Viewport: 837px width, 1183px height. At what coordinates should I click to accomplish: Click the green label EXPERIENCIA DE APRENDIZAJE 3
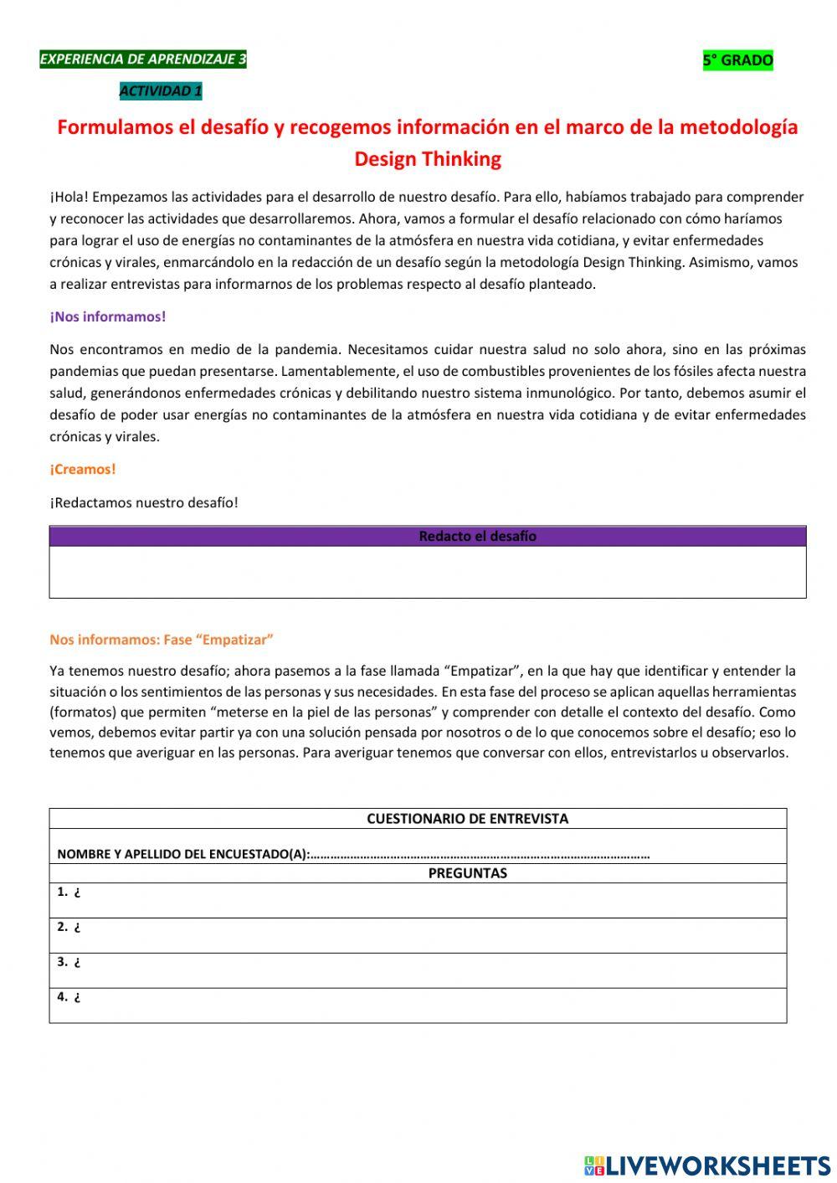coord(143,59)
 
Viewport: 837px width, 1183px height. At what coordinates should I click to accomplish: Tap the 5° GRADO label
coord(737,60)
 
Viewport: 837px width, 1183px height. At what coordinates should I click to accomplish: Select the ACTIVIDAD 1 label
coord(161,91)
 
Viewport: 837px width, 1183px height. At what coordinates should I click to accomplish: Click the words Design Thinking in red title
coord(428,159)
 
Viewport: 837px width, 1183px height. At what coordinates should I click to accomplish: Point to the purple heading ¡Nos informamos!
coord(108,316)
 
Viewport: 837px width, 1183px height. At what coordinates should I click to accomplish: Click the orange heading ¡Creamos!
coord(83,469)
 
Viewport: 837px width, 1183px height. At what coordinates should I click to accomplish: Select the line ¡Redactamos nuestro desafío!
coord(144,502)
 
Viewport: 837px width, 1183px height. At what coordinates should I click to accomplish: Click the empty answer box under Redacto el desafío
coord(428,572)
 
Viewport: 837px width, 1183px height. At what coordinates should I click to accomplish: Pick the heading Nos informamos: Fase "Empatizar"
coord(162,640)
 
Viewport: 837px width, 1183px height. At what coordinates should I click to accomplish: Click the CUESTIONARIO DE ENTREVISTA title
coord(467,819)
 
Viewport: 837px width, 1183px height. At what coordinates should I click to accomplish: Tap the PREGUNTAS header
coord(467,873)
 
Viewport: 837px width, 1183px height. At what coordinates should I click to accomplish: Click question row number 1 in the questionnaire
coord(418,901)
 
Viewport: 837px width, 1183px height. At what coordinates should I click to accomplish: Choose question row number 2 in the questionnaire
coord(418,935)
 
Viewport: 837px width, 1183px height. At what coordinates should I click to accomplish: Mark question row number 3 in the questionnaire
coord(418,970)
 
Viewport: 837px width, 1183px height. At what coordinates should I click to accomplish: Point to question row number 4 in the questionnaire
coord(418,1006)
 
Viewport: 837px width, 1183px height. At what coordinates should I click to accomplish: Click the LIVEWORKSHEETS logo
coord(707,1165)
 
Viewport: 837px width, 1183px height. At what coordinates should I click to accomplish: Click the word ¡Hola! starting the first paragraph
coord(69,197)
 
